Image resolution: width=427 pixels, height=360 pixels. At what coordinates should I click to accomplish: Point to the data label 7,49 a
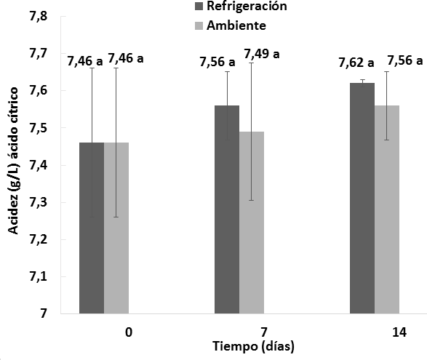[x=262, y=54]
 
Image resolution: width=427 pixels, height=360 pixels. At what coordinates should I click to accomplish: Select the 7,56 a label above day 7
[x=218, y=63]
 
